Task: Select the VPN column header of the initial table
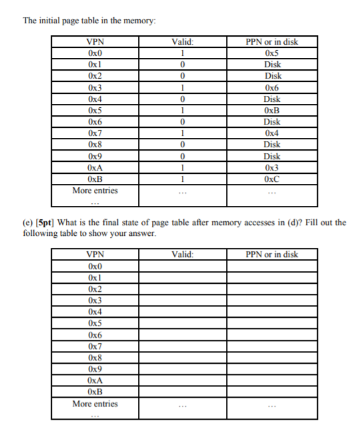tap(95, 42)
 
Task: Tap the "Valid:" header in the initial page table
tap(182, 42)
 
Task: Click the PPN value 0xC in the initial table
tap(271, 179)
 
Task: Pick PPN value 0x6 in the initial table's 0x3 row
tap(271, 88)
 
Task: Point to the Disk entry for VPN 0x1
tap(271, 65)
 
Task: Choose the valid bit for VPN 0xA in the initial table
tap(182, 168)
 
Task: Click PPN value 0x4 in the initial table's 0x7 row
tap(271, 133)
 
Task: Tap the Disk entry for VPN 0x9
tap(271, 157)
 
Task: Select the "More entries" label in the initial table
tap(95, 191)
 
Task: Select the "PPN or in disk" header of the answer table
tap(271, 254)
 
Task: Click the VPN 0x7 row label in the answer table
tap(95, 346)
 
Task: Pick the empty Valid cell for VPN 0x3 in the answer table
tap(182, 300)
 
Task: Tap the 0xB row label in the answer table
tap(95, 392)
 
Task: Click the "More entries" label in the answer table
tap(95, 404)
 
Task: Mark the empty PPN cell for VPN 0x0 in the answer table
tap(271, 266)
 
